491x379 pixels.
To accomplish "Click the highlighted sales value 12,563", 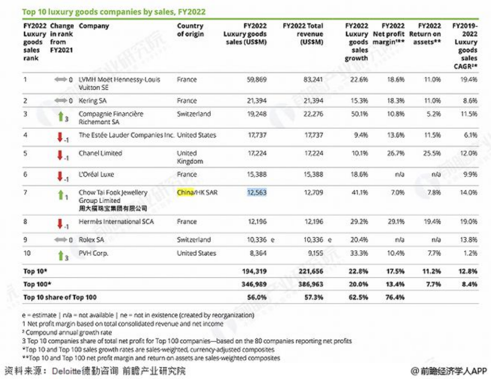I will pyautogui.click(x=256, y=192).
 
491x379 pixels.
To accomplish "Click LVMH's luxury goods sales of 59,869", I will pyautogui.click(x=256, y=79).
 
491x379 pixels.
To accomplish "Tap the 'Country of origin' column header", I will pyautogui.click(x=190, y=30).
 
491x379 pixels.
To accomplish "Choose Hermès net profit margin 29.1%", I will pyautogui.click(x=395, y=222).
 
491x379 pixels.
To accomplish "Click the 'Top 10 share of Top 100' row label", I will pyautogui.click(x=60, y=297).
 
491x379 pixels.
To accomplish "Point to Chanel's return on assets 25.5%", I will pyautogui.click(x=431, y=153).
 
